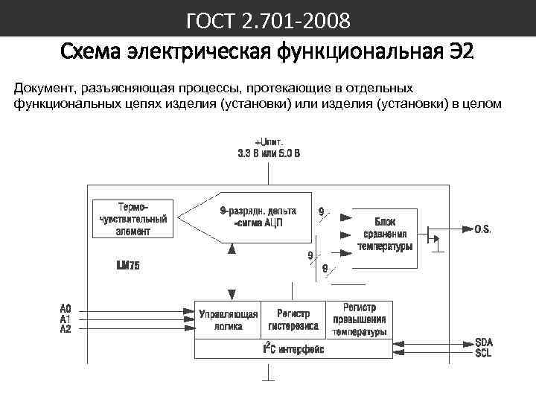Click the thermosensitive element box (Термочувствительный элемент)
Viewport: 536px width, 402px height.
(x=132, y=218)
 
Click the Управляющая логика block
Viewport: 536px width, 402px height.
(x=228, y=320)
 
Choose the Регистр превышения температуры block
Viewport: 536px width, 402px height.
(x=360, y=320)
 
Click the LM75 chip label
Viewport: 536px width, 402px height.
(x=128, y=265)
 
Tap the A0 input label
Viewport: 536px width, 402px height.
(x=66, y=308)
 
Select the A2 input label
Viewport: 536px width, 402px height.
(x=66, y=328)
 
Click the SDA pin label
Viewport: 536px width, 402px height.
(x=484, y=342)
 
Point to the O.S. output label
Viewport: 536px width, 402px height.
(x=482, y=230)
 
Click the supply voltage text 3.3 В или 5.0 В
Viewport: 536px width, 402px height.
(x=269, y=154)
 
